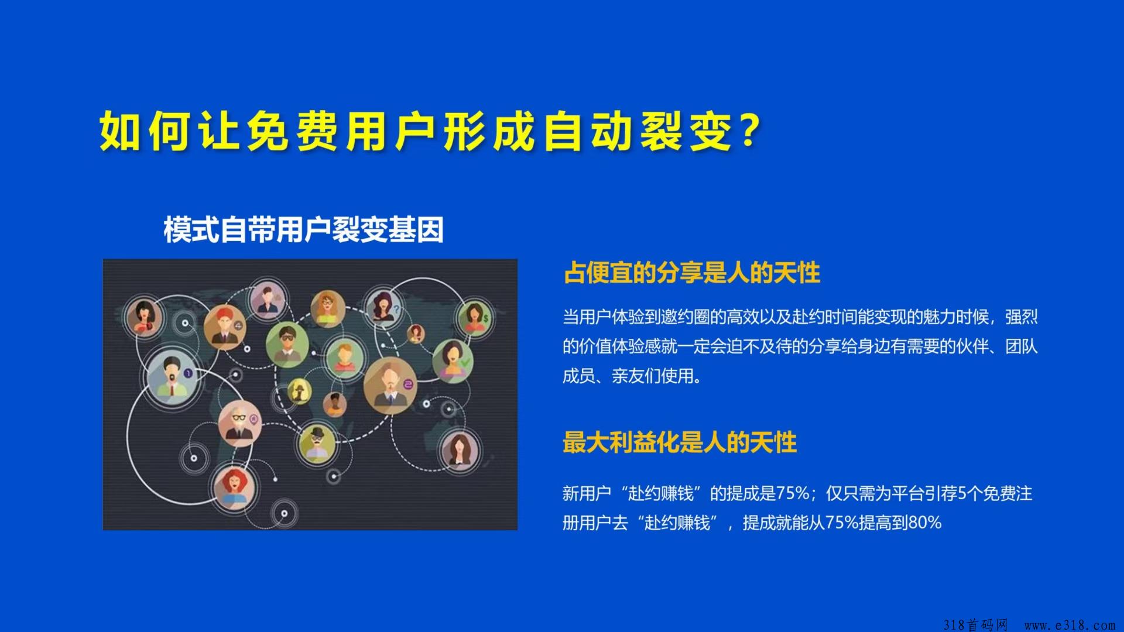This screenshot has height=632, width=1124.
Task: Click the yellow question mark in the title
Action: [x=748, y=130]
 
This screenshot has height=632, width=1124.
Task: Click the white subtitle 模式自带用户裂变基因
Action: [x=303, y=229]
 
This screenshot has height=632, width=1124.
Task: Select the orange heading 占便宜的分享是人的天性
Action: [x=691, y=273]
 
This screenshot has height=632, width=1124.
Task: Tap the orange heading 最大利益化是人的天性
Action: [x=680, y=442]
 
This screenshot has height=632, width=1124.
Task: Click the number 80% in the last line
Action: [x=924, y=523]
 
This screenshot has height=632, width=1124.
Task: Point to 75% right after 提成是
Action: [x=793, y=493]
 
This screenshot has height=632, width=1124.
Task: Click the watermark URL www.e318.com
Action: [x=1070, y=624]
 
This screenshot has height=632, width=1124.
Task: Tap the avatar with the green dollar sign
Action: [x=475, y=318]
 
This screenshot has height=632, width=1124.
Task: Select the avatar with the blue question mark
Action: [x=382, y=305]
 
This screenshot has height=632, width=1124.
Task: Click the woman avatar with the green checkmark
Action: [x=452, y=359]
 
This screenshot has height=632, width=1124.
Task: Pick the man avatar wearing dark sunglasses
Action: [x=287, y=344]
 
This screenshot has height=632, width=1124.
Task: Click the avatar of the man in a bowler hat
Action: [x=317, y=442]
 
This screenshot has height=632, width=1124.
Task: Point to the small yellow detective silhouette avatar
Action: [x=299, y=390]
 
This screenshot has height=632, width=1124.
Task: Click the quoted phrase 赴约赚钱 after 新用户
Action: [x=661, y=493]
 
